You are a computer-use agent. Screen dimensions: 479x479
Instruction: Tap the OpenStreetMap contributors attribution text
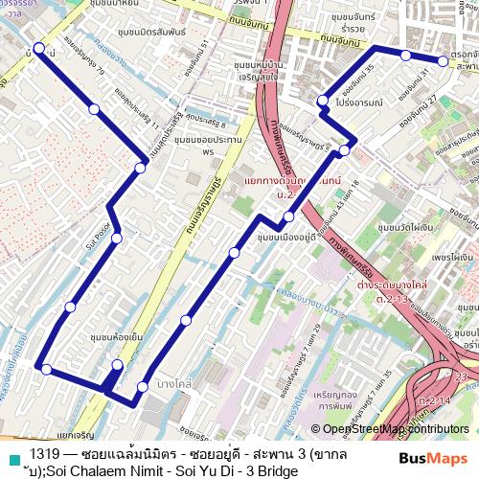397,429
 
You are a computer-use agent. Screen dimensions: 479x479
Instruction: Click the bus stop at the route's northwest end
38,49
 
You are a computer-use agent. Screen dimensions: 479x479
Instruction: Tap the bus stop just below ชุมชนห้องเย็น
117,365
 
